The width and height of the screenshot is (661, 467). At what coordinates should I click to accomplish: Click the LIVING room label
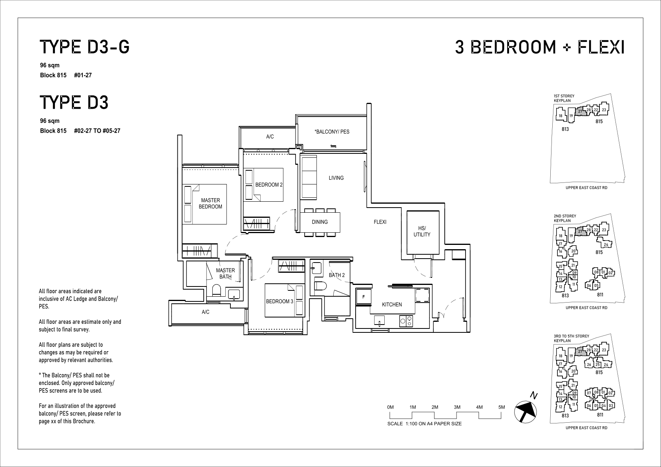click(x=336, y=178)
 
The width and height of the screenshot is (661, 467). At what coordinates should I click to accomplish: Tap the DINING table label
click(x=320, y=222)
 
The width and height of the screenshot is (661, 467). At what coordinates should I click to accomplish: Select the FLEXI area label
click(x=380, y=222)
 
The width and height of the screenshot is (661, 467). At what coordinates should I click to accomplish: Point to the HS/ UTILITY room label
click(x=422, y=231)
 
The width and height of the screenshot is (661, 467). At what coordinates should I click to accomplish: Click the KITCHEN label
click(x=392, y=305)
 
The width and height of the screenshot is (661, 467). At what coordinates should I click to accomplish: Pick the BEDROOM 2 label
click(x=269, y=185)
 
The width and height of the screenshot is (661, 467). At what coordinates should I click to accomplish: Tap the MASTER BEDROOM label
click(x=210, y=203)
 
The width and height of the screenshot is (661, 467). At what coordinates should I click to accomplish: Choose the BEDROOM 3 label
click(x=279, y=301)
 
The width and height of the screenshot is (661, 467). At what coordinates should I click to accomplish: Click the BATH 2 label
click(x=337, y=275)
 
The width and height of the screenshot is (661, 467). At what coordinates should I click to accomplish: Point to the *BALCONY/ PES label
click(x=332, y=131)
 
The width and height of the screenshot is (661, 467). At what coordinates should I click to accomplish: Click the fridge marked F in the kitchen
click(x=363, y=297)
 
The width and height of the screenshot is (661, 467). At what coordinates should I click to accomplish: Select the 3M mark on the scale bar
click(x=457, y=407)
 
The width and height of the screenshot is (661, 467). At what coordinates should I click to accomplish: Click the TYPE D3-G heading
click(x=85, y=47)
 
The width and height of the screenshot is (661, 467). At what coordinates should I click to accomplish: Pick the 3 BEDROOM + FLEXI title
click(x=540, y=47)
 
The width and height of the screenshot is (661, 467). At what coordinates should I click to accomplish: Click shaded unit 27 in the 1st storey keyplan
click(x=580, y=111)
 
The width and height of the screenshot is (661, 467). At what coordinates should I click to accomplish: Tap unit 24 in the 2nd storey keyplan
click(x=606, y=244)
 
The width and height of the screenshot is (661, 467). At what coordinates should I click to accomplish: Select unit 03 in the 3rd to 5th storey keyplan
click(x=611, y=405)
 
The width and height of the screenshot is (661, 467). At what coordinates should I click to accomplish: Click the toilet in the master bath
click(x=216, y=290)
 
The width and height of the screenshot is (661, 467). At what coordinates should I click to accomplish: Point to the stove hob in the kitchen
click(x=406, y=321)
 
